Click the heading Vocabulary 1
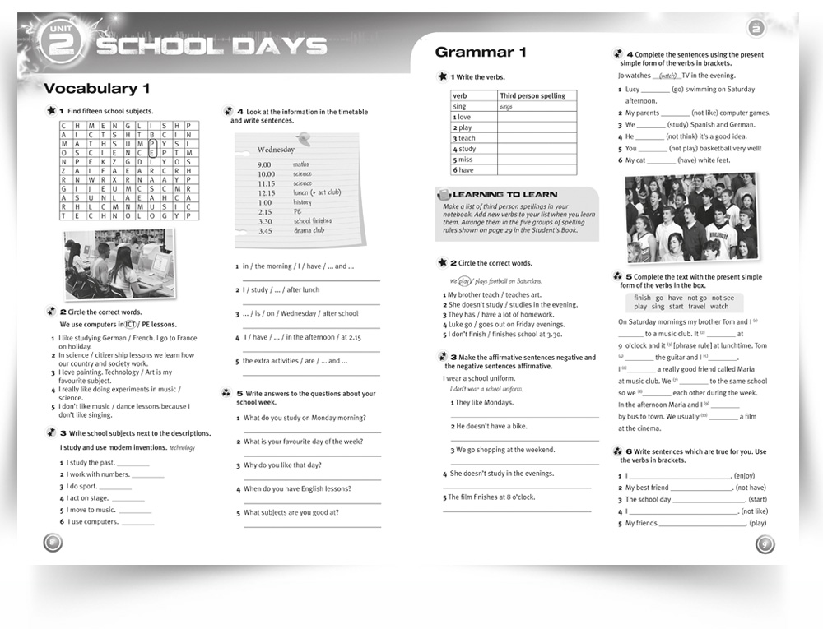tap(97, 89)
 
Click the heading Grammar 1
tap(480, 53)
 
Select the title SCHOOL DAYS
tap(212, 46)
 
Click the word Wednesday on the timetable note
tap(276, 150)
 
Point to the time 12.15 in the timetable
tap(266, 192)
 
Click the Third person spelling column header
tap(532, 95)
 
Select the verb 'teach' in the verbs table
tap(467, 138)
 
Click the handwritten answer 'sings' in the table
tap(506, 107)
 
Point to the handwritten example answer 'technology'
tap(182, 448)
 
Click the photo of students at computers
tap(119, 264)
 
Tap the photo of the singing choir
tap(690, 217)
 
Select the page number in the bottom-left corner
tap(52, 542)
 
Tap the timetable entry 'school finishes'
tap(313, 221)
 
